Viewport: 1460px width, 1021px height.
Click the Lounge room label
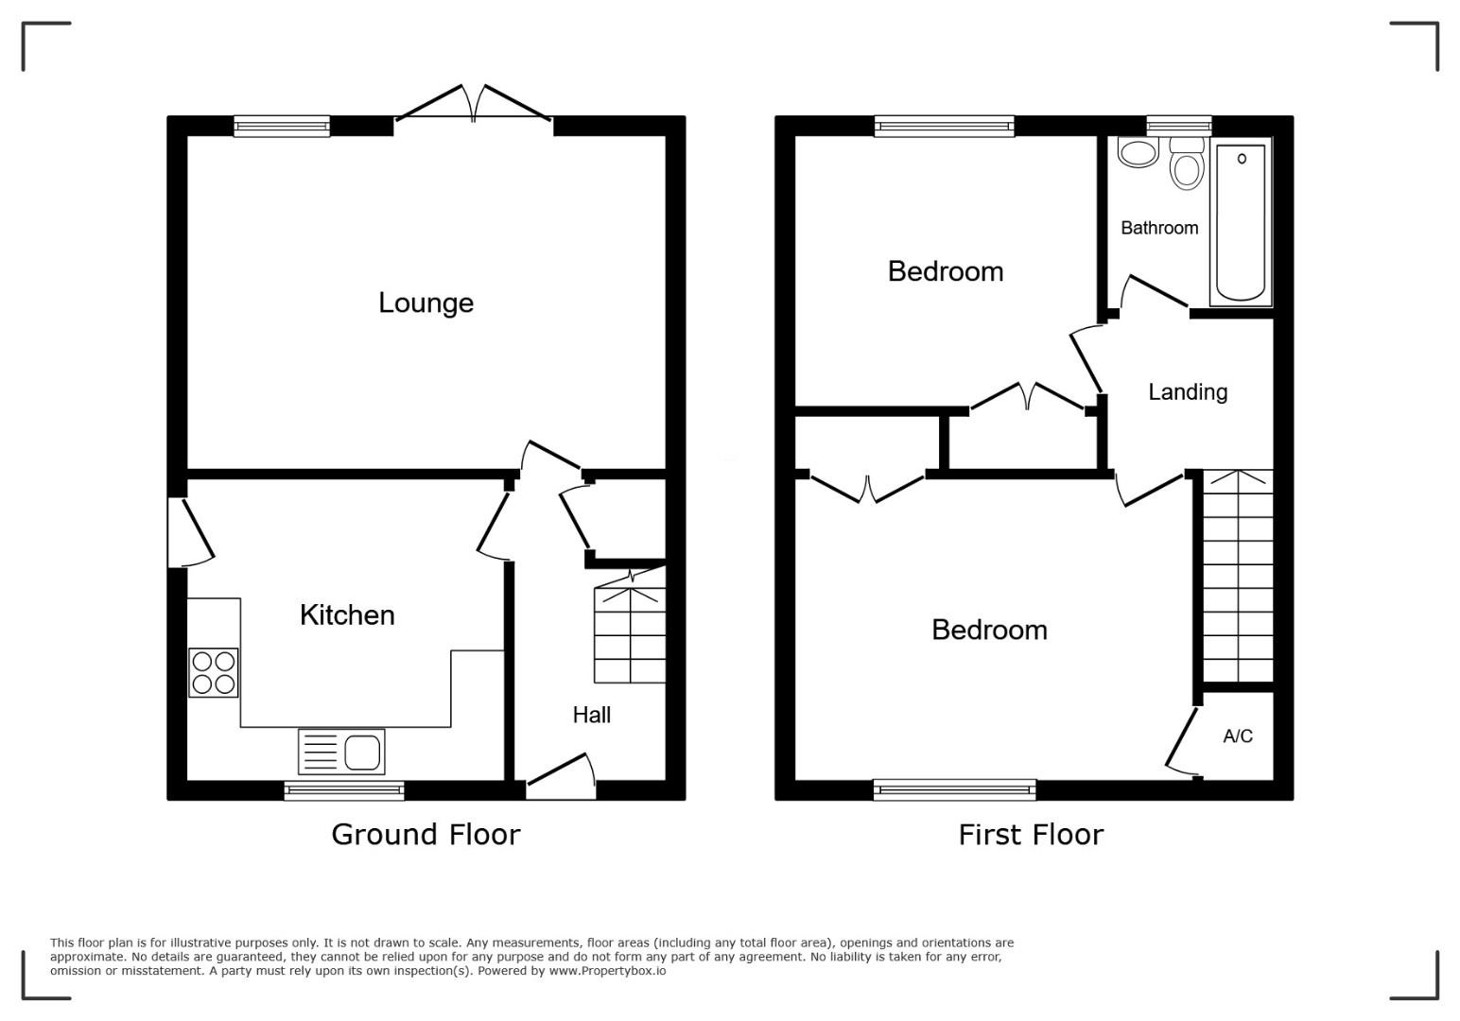[x=426, y=303]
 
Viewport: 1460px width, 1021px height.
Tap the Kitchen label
[x=347, y=615]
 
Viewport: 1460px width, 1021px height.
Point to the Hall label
[x=592, y=715]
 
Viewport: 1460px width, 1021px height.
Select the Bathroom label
[x=1159, y=228]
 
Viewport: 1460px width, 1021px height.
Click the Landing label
[x=1188, y=391]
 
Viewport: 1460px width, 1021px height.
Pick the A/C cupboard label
[x=1238, y=735]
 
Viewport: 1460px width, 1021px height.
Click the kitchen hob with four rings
[x=213, y=672]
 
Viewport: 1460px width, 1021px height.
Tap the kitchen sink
[x=341, y=752]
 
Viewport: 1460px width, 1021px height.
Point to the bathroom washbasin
[x=1138, y=152]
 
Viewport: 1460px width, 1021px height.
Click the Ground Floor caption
[x=426, y=835]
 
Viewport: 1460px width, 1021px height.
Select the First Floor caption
[x=1031, y=835]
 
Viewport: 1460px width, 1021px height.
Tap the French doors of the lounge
[x=474, y=104]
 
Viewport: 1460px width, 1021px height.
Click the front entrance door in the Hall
[x=561, y=776]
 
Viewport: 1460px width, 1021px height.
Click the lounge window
[x=282, y=126]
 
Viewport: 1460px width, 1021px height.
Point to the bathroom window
[x=1179, y=126]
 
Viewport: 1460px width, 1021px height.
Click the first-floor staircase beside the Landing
[x=1238, y=576]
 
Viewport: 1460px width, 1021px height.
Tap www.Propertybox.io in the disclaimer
[x=607, y=971]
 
